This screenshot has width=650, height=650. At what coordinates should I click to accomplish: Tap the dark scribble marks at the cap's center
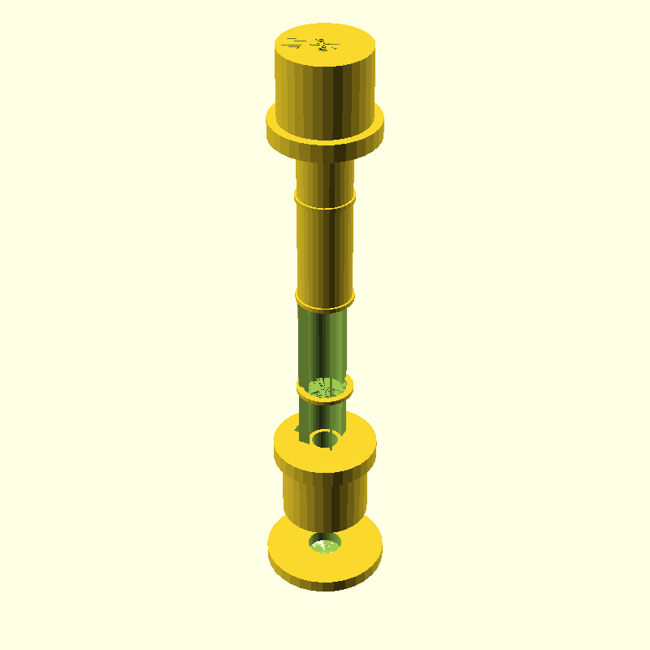coord(324,45)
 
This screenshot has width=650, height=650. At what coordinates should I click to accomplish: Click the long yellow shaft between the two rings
coord(325,248)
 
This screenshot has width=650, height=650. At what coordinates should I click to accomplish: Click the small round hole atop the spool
coord(325,440)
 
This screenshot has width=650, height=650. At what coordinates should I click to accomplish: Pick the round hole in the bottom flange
coord(325,542)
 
